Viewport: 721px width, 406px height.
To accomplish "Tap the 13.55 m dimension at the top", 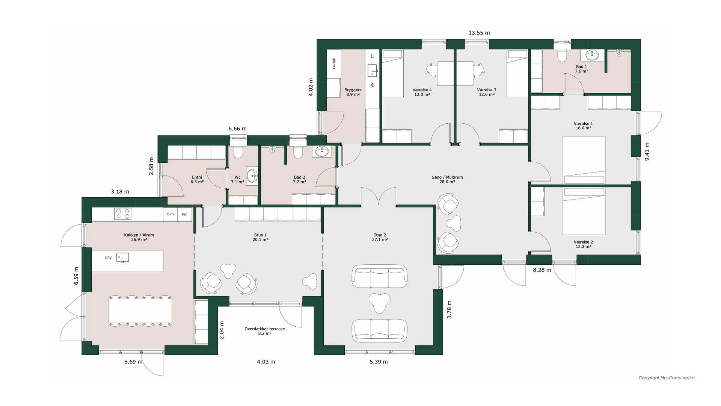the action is [479, 33].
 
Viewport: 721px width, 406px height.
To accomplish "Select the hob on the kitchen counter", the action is [123, 214].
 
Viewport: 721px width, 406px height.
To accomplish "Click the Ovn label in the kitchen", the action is [170, 214].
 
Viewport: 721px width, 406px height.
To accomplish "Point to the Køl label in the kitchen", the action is [184, 214].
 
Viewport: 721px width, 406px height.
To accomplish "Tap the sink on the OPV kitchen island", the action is [122, 258].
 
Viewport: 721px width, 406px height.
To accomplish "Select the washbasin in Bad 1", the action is [593, 55].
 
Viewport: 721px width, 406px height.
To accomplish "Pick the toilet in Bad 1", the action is [562, 55].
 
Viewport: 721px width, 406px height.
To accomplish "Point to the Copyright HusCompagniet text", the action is [667, 378].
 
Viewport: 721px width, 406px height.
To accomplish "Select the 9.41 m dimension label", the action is [647, 152].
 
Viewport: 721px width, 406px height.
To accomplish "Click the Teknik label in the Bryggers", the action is [334, 64].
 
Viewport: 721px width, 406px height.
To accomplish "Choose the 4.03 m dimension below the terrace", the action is [266, 362].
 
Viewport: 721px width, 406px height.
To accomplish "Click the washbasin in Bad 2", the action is [322, 151].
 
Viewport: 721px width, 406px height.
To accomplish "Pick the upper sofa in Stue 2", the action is [379, 276].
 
